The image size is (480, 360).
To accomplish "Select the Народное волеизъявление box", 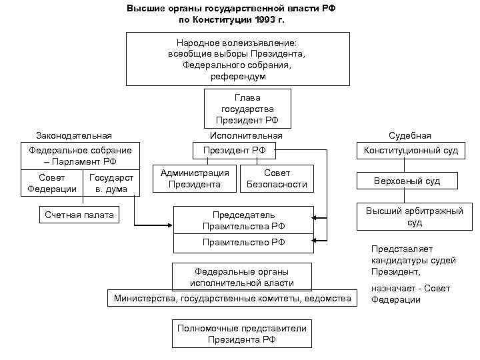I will [x=237, y=59].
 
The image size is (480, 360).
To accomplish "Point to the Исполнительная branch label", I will [x=246, y=135].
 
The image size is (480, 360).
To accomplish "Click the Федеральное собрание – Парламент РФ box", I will [x=81, y=156].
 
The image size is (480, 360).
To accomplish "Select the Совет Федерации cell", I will [x=52, y=183].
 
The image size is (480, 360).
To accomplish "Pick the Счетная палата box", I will [x=79, y=215].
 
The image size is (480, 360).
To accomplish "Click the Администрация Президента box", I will [x=195, y=178].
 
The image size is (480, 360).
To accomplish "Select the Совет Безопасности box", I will [x=276, y=178].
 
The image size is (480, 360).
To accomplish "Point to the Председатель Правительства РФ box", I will [x=243, y=220].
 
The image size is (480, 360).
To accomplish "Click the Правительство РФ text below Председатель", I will [x=243, y=242].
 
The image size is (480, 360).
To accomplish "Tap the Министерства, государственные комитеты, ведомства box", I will [x=232, y=298].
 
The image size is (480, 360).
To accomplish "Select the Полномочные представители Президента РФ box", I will [x=241, y=333].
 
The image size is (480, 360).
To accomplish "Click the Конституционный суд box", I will [x=411, y=151].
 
